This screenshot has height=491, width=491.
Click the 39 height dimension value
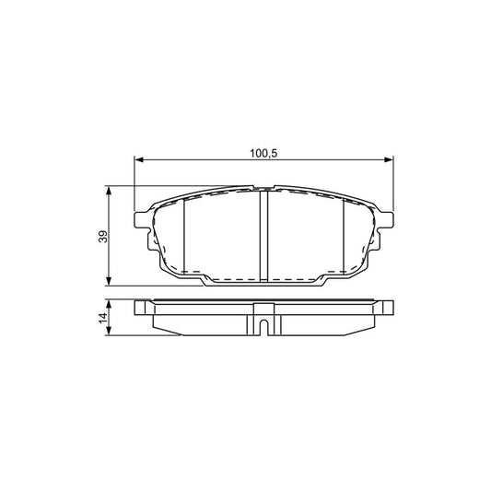point(102,236)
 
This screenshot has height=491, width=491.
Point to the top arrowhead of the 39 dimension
point(111,191)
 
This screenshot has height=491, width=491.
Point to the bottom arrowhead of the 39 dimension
point(111,280)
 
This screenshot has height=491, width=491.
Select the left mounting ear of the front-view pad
point(142,220)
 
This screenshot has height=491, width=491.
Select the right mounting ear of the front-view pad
point(386,220)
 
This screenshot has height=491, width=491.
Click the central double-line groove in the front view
point(263,235)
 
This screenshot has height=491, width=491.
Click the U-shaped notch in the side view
point(263,325)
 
